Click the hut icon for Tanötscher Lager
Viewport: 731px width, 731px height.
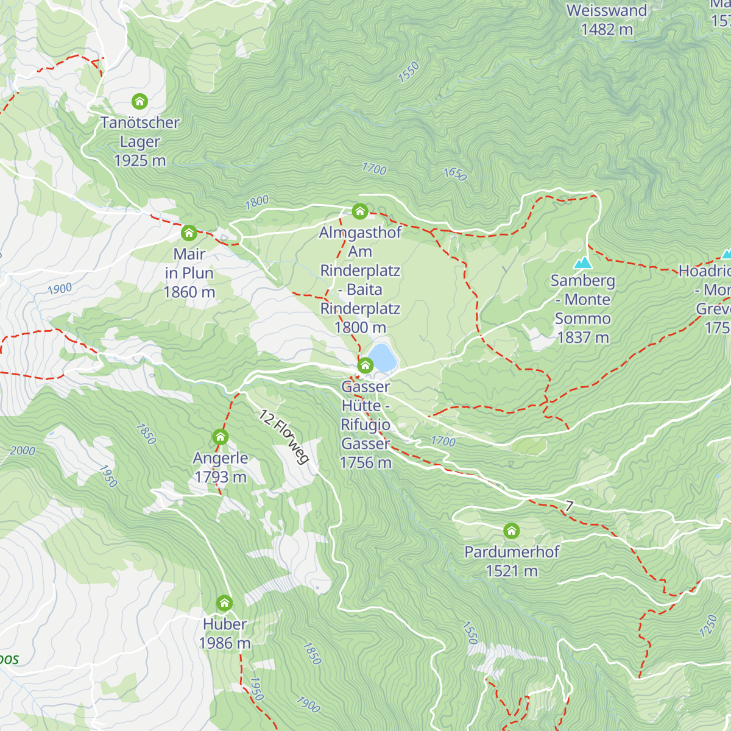tap(140, 101)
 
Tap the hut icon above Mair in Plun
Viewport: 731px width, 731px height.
tap(189, 233)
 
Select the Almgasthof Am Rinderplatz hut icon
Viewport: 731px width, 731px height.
tap(360, 211)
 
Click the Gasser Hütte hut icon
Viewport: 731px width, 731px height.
tap(365, 365)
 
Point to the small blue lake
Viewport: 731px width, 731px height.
tap(382, 358)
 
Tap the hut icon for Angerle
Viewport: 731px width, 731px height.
tap(220, 437)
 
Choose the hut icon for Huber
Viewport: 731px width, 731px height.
tap(224, 603)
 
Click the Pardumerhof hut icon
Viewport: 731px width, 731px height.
tap(512, 531)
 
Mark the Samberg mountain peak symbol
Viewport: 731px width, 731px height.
tap(583, 263)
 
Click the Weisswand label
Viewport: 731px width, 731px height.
tap(607, 10)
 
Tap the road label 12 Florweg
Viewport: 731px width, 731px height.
tap(284, 437)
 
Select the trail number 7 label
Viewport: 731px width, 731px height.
tap(569, 506)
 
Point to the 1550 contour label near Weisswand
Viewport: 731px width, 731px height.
tap(409, 72)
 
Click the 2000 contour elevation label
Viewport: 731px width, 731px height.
tap(23, 451)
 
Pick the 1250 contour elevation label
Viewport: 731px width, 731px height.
tap(708, 626)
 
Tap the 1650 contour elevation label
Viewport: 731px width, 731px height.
tap(454, 174)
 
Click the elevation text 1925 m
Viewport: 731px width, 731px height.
tap(140, 161)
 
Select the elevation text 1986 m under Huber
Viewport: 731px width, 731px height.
tap(225, 643)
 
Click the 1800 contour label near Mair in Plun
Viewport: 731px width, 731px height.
tap(256, 202)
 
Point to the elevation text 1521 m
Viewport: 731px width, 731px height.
tap(512, 571)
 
